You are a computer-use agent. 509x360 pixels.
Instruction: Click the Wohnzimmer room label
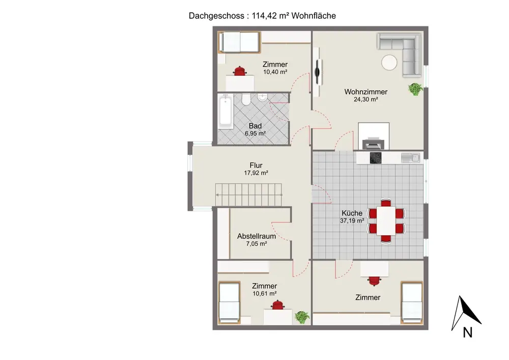pyautogui.click(x=365, y=92)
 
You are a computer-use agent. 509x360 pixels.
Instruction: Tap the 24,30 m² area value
pyautogui.click(x=365, y=100)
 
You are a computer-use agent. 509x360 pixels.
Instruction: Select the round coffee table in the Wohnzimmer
pyautogui.click(x=390, y=63)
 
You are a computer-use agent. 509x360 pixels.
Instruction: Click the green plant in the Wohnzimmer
pyautogui.click(x=415, y=89)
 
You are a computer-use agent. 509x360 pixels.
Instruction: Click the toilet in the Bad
pyautogui.click(x=246, y=99)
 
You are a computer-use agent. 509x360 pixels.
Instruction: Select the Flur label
pyautogui.click(x=256, y=165)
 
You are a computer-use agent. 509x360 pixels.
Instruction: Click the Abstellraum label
pyautogui.click(x=256, y=236)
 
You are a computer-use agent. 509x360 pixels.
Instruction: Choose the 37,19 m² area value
pyautogui.click(x=352, y=221)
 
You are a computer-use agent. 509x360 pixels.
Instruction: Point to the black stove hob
pyautogui.click(x=375, y=158)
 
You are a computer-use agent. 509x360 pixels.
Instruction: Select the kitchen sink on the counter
pyautogui.click(x=409, y=158)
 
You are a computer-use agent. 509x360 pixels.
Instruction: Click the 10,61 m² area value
pyautogui.click(x=264, y=294)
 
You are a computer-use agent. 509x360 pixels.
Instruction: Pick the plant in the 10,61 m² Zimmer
pyautogui.click(x=302, y=317)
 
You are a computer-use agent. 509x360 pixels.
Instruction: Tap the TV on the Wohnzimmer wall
pyautogui.click(x=319, y=72)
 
